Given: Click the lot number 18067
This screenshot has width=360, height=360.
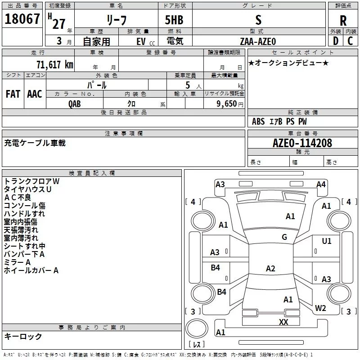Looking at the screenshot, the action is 22,19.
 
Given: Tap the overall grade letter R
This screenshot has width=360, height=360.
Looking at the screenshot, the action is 343,21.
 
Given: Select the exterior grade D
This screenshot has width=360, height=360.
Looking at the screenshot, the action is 335,41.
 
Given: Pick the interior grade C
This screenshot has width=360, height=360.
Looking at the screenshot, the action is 350,41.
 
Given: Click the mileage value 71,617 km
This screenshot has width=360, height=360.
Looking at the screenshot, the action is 55,65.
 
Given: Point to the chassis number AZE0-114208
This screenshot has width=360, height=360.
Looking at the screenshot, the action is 302,143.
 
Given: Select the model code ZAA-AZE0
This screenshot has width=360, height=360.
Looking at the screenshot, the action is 258,41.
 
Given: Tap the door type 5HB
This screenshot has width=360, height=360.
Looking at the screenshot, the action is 174,20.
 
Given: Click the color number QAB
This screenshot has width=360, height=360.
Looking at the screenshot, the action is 75,104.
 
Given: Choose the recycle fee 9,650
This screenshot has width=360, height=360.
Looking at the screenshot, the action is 227,104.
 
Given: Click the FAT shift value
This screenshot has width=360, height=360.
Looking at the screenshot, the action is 13,94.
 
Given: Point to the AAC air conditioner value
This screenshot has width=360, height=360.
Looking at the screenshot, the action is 35,94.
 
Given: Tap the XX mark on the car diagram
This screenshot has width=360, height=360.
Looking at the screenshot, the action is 283,322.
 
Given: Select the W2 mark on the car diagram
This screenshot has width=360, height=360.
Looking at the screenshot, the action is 320,308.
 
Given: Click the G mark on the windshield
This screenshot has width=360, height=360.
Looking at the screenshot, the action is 284,237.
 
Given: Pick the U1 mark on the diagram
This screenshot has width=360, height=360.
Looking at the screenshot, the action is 327,241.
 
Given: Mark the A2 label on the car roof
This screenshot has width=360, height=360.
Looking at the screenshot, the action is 270,268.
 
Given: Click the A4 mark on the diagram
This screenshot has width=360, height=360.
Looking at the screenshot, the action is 321,184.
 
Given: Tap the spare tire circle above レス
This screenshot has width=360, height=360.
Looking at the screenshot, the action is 197,328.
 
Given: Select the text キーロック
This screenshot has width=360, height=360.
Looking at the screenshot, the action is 23,336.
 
